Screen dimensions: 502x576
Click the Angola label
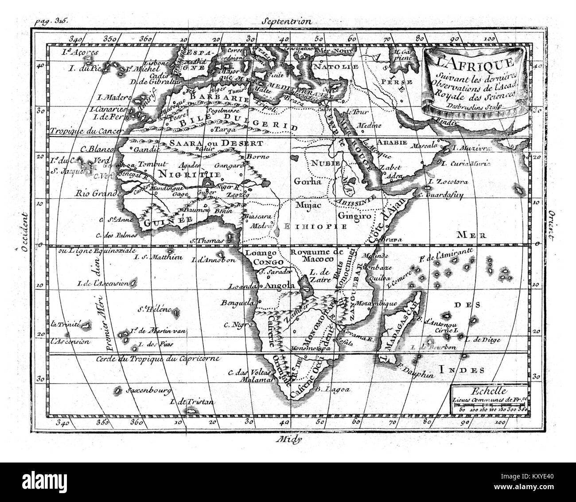pos(279,286)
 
